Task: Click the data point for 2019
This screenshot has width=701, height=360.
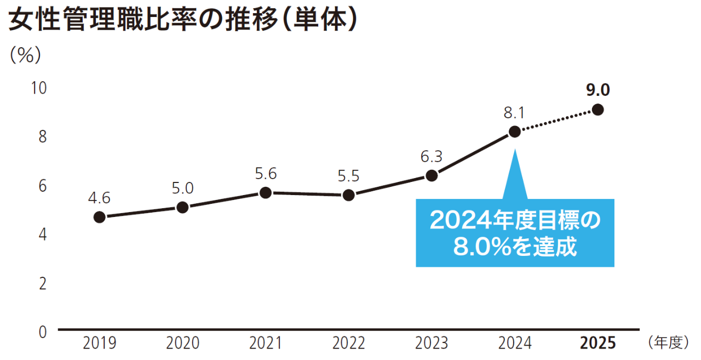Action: pos(99,217)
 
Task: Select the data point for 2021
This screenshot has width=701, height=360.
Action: pos(266,193)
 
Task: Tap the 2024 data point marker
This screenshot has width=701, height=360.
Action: pos(514,132)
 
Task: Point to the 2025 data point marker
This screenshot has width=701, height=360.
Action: pos(598,110)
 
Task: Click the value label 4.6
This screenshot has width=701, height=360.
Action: pos(99,197)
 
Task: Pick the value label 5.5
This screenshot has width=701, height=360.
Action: pos(349,176)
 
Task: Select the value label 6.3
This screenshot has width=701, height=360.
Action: pos(432,156)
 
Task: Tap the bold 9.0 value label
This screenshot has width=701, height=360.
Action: pos(598,89)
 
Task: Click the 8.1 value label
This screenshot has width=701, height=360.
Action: pos(515,112)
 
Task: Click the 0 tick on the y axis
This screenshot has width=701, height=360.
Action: pos(43,331)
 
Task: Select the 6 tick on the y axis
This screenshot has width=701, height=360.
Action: pos(43,185)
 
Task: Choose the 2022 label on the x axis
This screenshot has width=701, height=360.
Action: pos(349,344)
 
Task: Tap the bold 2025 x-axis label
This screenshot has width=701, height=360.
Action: pos(598,344)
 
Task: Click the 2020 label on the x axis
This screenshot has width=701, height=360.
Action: pos(183,344)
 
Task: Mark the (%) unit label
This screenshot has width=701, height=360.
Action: pos(26,55)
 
